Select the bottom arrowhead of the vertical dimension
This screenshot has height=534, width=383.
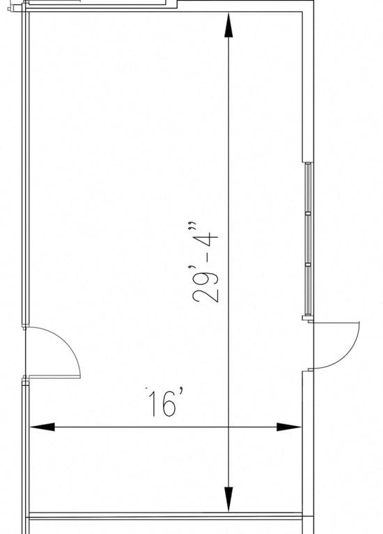point(228,499)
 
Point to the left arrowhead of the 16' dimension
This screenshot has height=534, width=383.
point(42,427)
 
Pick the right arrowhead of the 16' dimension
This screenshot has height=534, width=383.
point(289,427)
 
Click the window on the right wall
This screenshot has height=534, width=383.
point(308,239)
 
